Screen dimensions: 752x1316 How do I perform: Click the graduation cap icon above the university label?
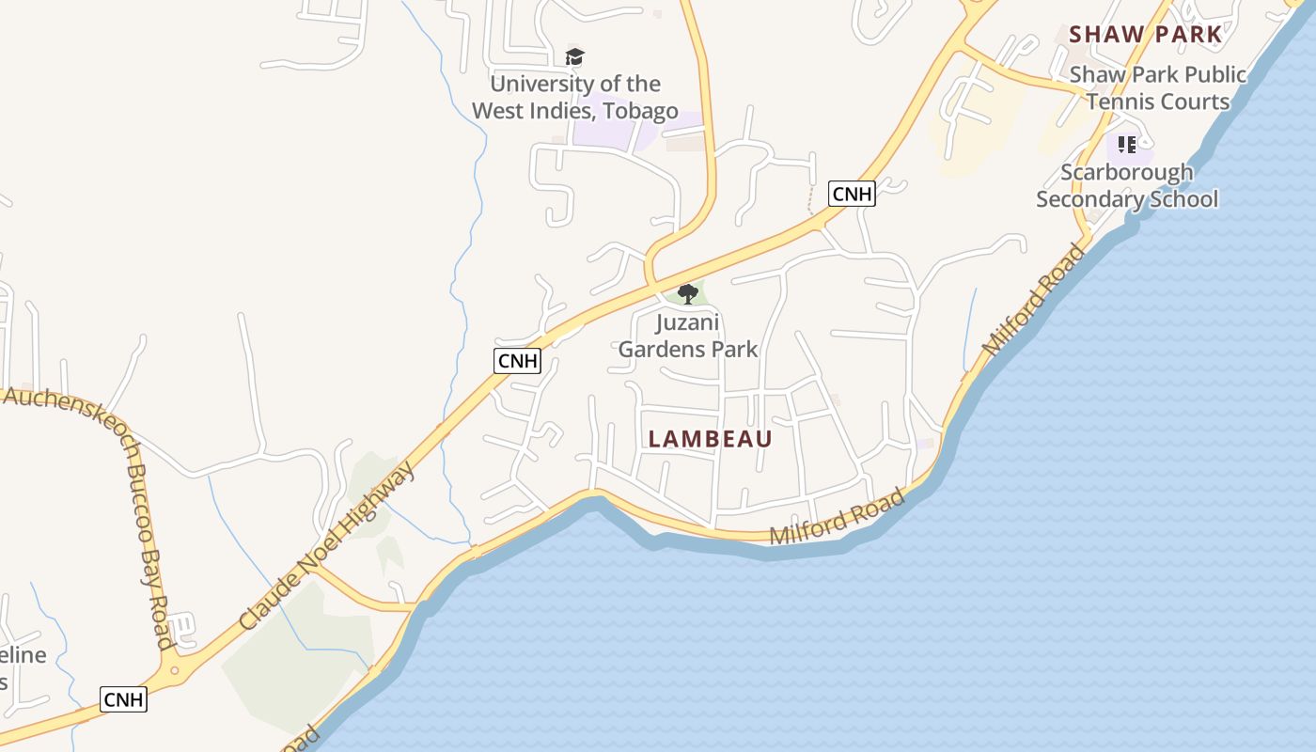click(574, 57)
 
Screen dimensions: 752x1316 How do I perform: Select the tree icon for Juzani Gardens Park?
click(688, 294)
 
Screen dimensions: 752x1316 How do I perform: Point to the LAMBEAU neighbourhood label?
click(711, 439)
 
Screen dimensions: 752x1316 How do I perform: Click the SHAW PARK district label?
click(1146, 35)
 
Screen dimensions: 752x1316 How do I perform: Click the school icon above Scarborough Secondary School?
click(1127, 145)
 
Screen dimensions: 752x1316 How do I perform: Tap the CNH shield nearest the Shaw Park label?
click(852, 195)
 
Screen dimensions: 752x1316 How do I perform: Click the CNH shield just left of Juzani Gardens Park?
click(517, 360)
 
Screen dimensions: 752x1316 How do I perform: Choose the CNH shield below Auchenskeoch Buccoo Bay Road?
click(123, 699)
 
